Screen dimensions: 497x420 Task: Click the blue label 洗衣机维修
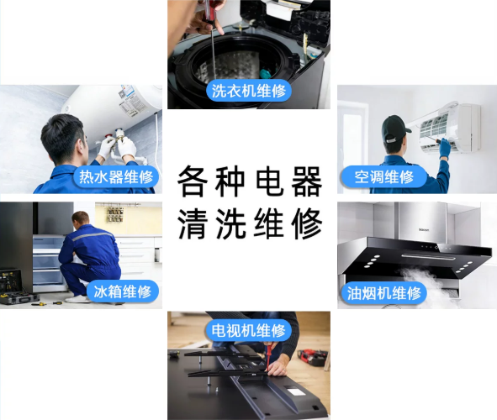(249, 91)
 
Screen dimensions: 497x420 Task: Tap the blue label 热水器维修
(116, 176)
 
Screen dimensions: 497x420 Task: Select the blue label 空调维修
(383, 176)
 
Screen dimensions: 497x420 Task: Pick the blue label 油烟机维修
(383, 293)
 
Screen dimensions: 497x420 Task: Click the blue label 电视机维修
(249, 330)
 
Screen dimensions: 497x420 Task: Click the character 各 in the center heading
(193, 181)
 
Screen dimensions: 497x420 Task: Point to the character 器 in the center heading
(306, 181)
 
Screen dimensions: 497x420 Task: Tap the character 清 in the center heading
(193, 223)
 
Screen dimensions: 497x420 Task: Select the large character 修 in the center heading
(306, 223)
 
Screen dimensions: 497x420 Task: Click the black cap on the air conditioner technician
(394, 129)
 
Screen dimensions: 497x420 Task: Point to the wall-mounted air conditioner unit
(448, 127)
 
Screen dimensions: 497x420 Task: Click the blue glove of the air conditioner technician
(444, 148)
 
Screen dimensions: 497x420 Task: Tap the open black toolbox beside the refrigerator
(17, 289)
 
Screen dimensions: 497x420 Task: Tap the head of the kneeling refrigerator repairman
(81, 219)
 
